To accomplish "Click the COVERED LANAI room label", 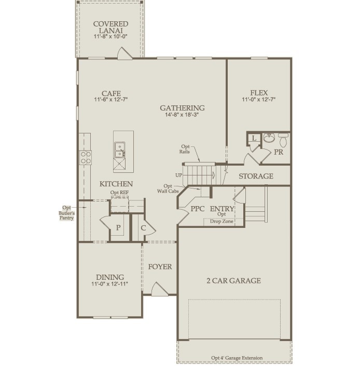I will [110, 28].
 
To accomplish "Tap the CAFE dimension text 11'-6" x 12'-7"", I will [111, 100].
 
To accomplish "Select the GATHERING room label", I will [182, 108].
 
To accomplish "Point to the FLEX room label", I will [258, 93].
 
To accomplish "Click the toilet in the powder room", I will [283, 140].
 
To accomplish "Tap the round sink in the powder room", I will [268, 138].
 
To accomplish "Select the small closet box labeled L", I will [253, 138].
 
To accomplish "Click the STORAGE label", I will [256, 177].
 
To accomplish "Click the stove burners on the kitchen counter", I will [85, 157].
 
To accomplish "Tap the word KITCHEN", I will [116, 184].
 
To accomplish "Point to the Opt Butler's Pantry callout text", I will [65, 213].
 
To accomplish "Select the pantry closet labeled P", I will [118, 228].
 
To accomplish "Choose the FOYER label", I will [160, 267].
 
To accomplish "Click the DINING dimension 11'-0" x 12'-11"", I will [109, 284].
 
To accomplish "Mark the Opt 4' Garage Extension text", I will [236, 358].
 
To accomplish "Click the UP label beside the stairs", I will [178, 175].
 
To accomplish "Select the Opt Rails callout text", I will [188, 150].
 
